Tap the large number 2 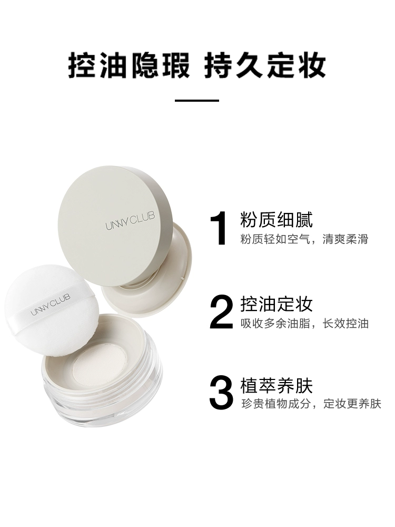[x=221, y=311]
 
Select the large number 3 [x=221, y=392]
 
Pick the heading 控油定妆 [x=276, y=304]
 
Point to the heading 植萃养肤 [x=276, y=385]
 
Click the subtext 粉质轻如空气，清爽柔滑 [x=304, y=239]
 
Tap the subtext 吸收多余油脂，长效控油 [x=304, y=324]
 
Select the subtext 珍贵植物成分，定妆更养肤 [x=311, y=403]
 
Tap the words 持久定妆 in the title [x=265, y=65]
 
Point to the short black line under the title [x=197, y=100]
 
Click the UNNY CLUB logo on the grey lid [x=130, y=220]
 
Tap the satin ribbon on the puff [x=51, y=305]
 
